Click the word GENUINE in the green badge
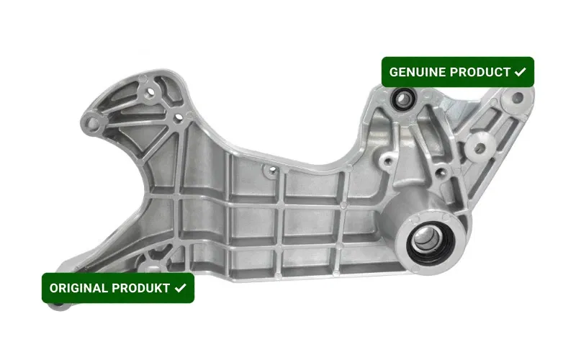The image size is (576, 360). pos(418,72)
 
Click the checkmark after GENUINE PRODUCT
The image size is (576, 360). pos(520,72)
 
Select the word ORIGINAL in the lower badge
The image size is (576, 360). pos(78,288)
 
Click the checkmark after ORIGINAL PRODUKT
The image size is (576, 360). pos(181,288)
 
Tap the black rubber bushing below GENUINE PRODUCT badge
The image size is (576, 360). pos(403,99)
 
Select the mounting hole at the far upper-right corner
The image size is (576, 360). pos(518,98)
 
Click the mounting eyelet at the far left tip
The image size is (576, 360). pos(92,124)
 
